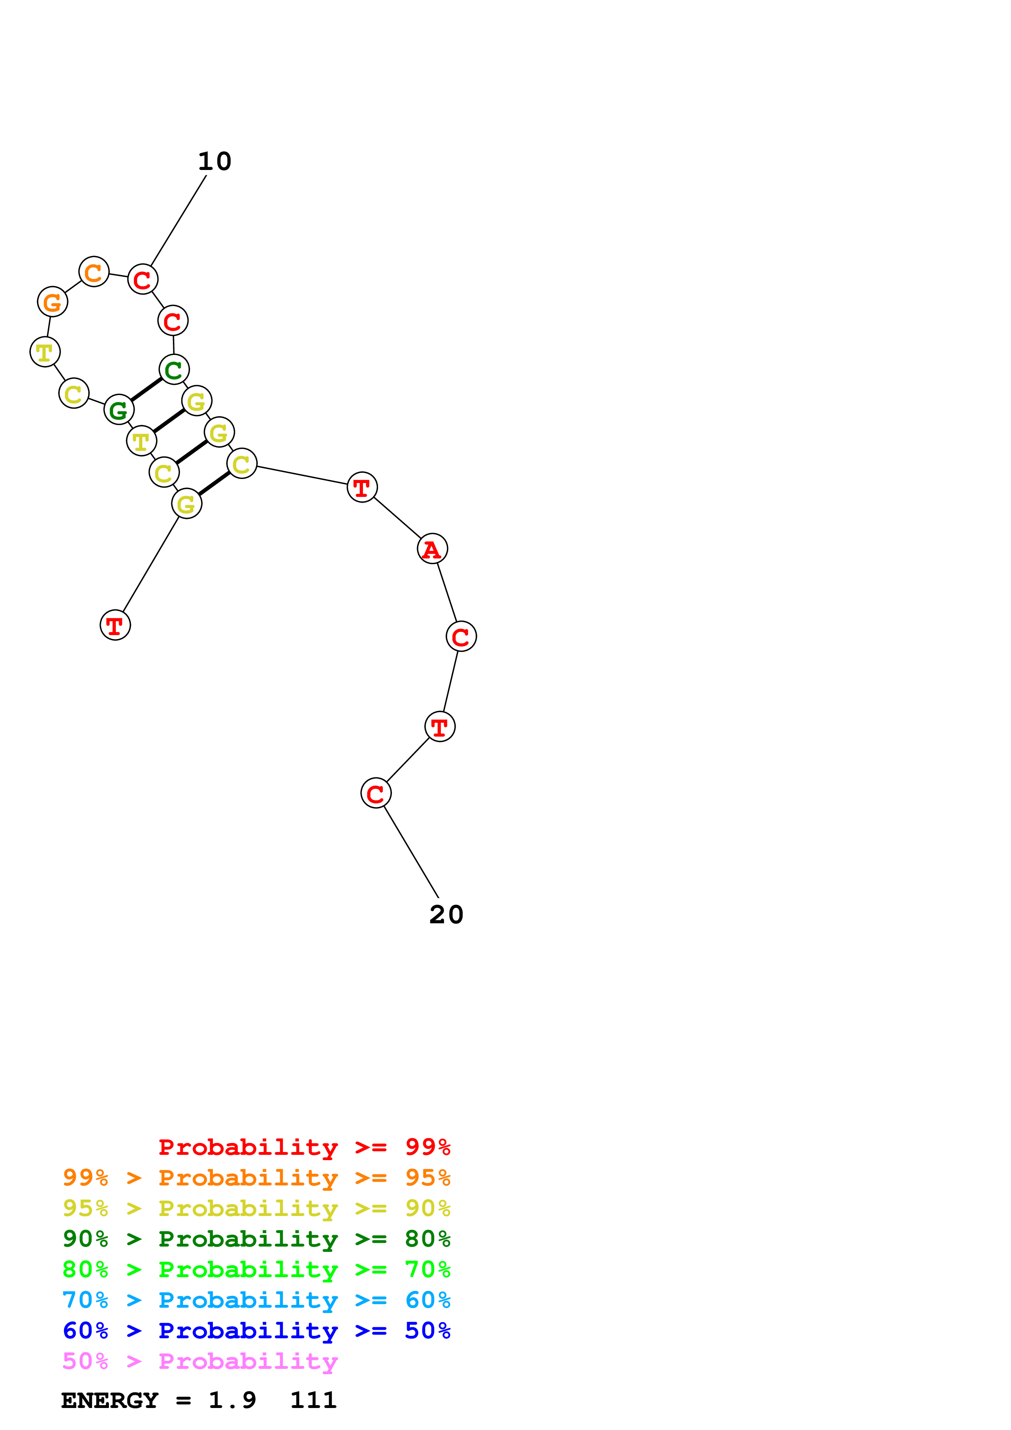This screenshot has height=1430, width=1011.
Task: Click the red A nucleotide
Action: point(432,549)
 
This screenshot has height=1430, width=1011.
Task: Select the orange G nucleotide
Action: point(52,302)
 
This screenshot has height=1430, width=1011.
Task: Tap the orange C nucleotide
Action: point(93,272)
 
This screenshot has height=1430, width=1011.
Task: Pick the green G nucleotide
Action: point(118,410)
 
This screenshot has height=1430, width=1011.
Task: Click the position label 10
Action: point(214,162)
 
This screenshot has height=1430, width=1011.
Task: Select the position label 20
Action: point(446,915)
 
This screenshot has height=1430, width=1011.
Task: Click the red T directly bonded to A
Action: point(362,487)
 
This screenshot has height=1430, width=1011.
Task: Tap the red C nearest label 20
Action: point(376,794)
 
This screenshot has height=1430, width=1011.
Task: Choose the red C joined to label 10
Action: point(143,280)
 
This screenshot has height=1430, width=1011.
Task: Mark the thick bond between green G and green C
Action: point(146,390)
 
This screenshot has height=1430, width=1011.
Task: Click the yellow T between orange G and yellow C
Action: point(45,353)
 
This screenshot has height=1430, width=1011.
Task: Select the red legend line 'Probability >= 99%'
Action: point(304,1147)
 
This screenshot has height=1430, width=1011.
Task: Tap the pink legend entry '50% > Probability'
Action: point(200,1362)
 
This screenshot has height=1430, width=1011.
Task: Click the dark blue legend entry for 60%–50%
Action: point(256,1331)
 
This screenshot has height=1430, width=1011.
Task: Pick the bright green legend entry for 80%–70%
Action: point(256,1270)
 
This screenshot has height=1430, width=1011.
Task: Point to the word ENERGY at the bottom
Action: point(110,1401)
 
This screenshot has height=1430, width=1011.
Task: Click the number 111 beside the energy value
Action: point(313,1401)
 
